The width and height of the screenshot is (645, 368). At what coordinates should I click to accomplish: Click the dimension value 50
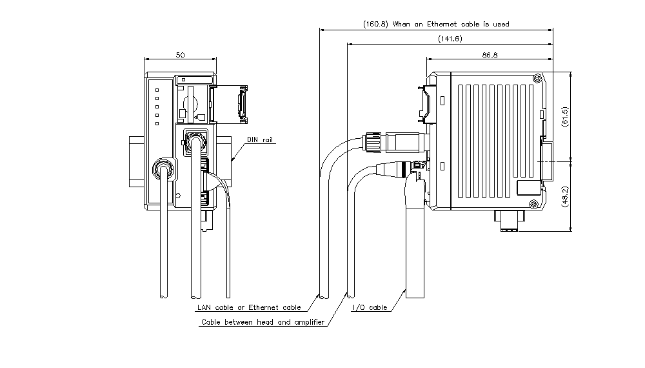pyautogui.click(x=180, y=56)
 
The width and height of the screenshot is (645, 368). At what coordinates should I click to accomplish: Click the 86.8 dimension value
pyautogui.click(x=490, y=56)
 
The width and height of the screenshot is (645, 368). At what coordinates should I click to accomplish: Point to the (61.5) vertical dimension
pyautogui.click(x=565, y=116)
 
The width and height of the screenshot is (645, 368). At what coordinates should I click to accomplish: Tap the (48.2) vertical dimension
pyautogui.click(x=565, y=195)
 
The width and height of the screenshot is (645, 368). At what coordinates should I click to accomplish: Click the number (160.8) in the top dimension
pyautogui.click(x=376, y=24)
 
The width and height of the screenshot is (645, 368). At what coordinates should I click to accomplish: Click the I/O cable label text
pyautogui.click(x=370, y=308)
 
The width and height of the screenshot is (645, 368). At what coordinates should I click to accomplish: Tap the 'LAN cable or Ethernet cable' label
pyautogui.click(x=249, y=308)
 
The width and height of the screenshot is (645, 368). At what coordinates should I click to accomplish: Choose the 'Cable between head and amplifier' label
pyautogui.click(x=263, y=322)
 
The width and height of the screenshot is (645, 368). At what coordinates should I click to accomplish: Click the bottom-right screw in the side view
pyautogui.click(x=533, y=204)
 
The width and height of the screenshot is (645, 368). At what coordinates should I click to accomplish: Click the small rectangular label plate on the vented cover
pyautogui.click(x=527, y=188)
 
